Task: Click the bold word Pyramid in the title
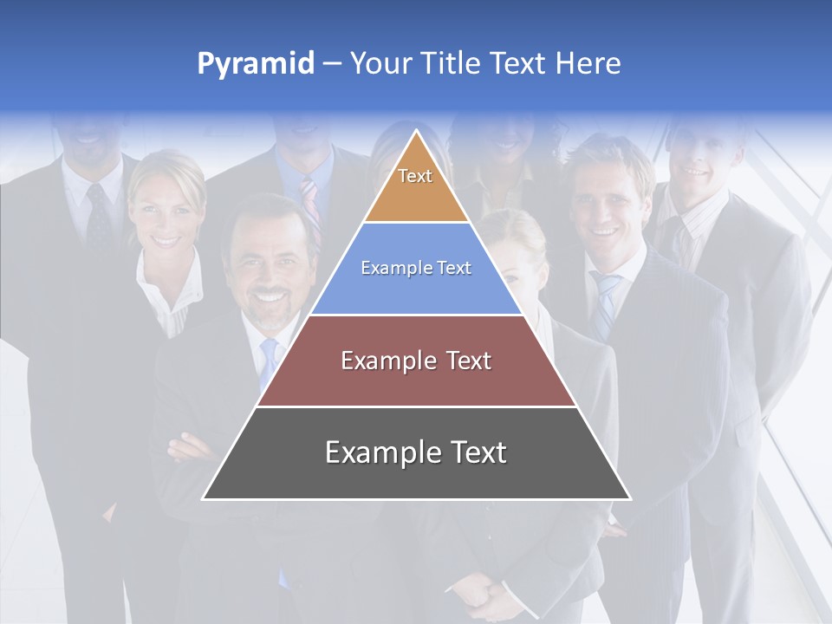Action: click(256, 63)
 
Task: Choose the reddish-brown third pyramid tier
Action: click(416, 381)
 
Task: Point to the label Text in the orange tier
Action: click(415, 176)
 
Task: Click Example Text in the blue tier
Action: click(416, 268)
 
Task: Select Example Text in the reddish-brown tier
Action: click(416, 361)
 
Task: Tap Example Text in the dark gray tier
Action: click(416, 452)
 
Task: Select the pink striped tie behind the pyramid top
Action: click(310, 208)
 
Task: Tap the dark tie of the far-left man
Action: click(98, 217)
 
